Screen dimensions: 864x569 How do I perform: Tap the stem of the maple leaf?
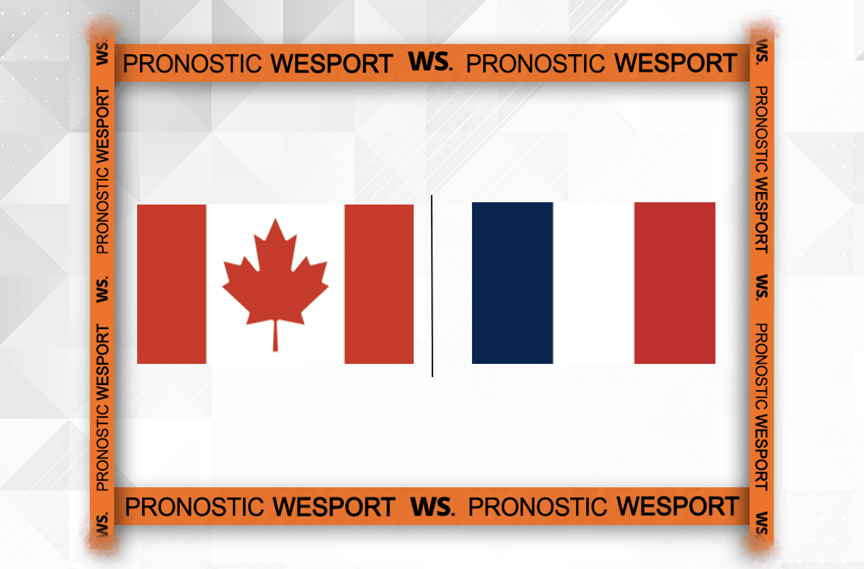[x=275, y=335]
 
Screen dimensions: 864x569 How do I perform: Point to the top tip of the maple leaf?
[x=275, y=219]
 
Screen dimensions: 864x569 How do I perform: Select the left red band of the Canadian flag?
[x=171, y=284]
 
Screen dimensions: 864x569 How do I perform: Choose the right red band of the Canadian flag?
[x=379, y=284]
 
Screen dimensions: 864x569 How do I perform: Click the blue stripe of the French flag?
[x=512, y=283]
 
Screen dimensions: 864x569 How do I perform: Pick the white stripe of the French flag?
[x=594, y=283]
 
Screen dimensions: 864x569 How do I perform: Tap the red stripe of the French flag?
[x=675, y=283]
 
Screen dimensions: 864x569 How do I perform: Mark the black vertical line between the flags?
[x=432, y=286]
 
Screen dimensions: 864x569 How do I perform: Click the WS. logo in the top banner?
[x=430, y=62]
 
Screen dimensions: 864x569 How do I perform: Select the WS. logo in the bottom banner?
[x=433, y=506]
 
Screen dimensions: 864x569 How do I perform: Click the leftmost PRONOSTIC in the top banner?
[x=192, y=63]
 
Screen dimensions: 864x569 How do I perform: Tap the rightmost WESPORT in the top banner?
[x=676, y=63]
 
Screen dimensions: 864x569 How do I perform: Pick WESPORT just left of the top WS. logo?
[x=332, y=63]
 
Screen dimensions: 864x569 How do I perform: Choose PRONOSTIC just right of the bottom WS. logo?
[x=537, y=507]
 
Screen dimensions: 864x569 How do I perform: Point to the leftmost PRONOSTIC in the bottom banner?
[x=194, y=507]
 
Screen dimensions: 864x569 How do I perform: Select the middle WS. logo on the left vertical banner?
[x=102, y=289]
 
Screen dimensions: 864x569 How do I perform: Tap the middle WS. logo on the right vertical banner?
[x=761, y=287]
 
